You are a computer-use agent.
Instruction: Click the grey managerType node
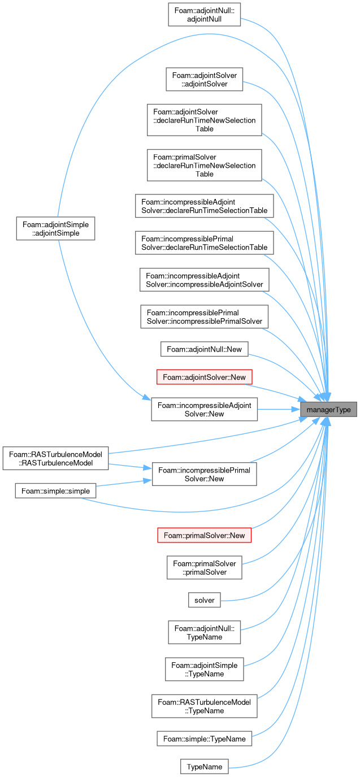[328, 409]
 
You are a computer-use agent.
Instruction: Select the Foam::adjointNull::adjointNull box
[204, 15]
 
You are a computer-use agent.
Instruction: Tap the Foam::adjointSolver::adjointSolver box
[204, 80]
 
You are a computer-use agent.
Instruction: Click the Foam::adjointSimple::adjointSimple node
[55, 229]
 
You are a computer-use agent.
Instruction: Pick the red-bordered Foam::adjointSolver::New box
[204, 377]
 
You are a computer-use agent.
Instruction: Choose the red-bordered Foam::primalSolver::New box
[204, 535]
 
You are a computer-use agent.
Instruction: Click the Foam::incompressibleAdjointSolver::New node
[204, 409]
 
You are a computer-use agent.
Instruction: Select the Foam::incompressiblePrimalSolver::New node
[204, 474]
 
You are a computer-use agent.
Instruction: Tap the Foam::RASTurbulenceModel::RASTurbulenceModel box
[55, 458]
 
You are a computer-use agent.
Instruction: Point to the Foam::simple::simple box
[55, 491]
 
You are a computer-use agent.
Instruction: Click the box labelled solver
[204, 600]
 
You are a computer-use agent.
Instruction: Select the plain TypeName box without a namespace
[204, 767]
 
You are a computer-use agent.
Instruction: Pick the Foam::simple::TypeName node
[204, 739]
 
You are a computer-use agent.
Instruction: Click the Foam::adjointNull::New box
[204, 349]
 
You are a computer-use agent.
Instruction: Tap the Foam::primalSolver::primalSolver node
[204, 567]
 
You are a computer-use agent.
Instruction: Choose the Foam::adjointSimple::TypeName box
[204, 669]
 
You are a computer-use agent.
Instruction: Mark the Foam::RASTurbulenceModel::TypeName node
[204, 706]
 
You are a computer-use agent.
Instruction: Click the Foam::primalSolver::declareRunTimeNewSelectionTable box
[204, 165]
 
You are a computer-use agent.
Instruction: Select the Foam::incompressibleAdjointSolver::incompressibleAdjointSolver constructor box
[204, 280]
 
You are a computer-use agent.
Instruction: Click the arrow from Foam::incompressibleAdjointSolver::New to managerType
[279, 409]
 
